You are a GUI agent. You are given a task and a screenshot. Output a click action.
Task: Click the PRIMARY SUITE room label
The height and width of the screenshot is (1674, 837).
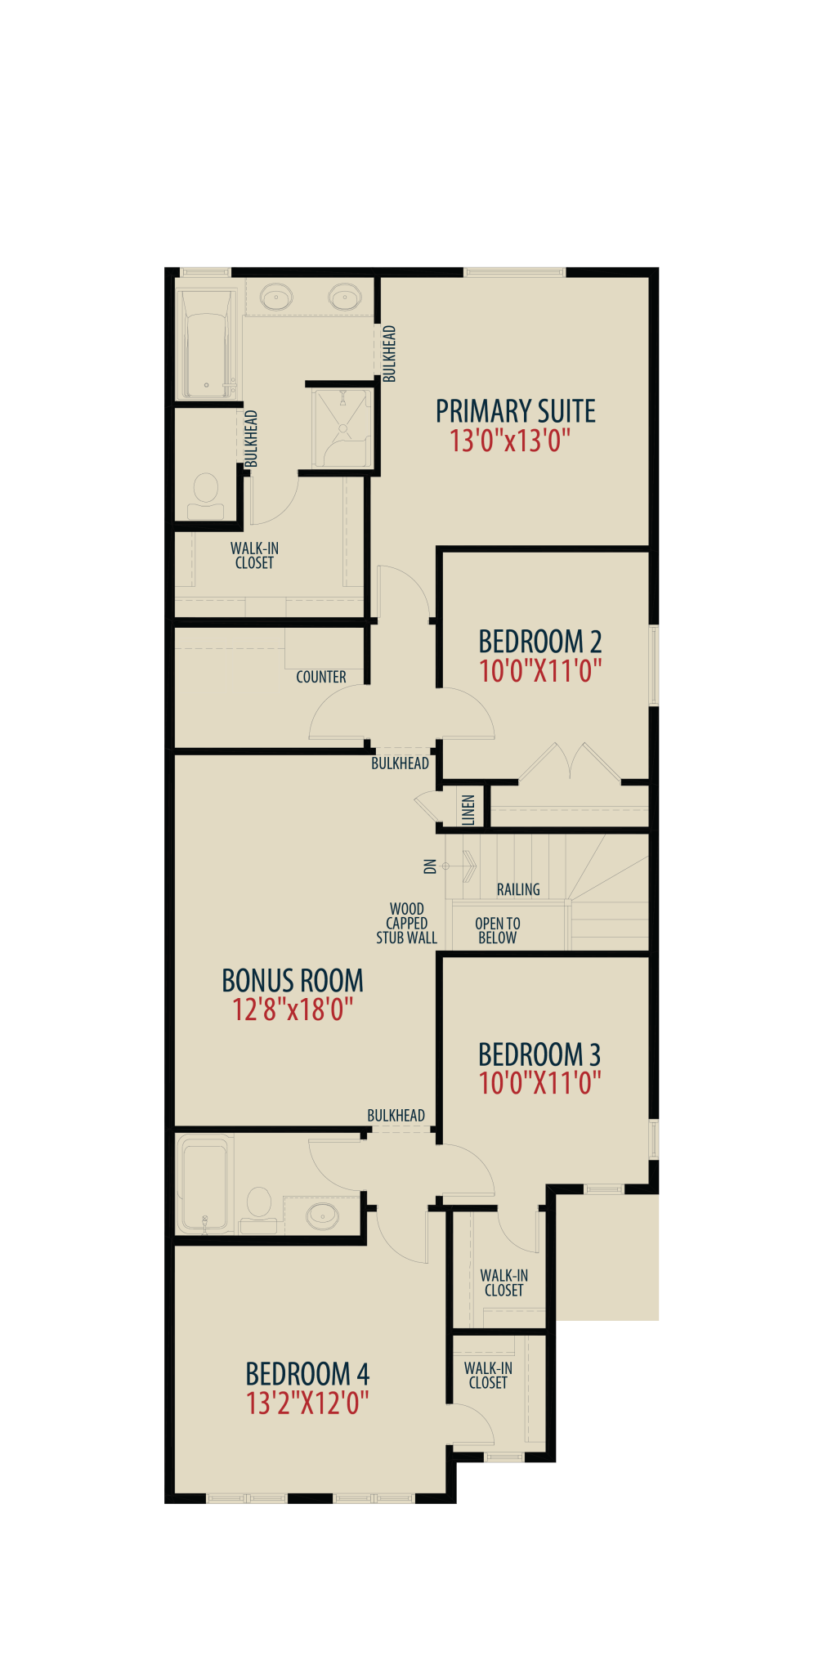click(515, 410)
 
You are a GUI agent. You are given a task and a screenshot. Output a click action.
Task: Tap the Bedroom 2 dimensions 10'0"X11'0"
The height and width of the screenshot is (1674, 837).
click(540, 671)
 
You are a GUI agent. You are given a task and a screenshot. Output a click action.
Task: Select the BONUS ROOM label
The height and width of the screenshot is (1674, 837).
click(293, 980)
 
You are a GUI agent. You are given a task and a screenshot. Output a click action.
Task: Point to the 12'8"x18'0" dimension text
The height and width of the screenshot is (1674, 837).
click(293, 1009)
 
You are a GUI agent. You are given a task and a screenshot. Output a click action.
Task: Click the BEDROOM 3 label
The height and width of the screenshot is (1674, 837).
click(539, 1054)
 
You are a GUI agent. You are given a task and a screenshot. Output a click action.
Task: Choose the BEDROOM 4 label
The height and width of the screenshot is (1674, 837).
click(307, 1373)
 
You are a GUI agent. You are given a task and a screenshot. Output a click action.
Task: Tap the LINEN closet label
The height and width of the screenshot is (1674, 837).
click(468, 810)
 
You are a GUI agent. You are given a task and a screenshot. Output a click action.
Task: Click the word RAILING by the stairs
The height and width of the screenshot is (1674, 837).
click(518, 889)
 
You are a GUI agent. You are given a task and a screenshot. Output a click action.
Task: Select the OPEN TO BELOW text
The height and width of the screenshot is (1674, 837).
click(498, 931)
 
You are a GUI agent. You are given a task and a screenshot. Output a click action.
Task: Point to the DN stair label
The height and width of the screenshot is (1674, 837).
click(430, 866)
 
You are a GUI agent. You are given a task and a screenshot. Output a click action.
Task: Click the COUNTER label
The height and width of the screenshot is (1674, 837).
click(321, 677)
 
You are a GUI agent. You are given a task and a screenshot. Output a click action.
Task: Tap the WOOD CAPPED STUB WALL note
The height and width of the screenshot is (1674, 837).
click(407, 924)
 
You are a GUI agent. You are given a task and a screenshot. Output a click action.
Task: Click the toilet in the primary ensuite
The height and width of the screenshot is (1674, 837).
click(206, 495)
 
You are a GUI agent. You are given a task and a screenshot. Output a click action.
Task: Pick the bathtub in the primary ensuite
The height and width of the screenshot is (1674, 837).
click(208, 343)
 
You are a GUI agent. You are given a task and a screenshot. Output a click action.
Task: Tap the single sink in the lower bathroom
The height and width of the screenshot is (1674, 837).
click(322, 1215)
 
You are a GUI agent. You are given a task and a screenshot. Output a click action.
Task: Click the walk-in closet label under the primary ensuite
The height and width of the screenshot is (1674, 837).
click(254, 556)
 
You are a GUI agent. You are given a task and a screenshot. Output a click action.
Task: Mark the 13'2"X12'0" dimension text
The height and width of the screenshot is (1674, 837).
click(307, 1403)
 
